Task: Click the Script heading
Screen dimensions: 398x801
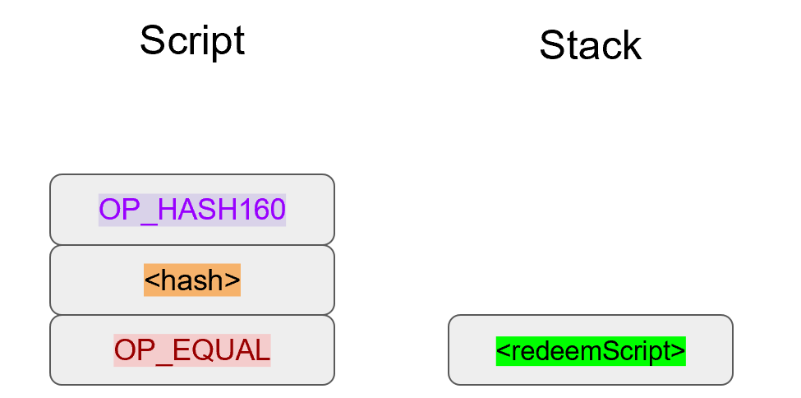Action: [x=192, y=40]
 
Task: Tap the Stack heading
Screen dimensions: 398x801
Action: [x=590, y=45]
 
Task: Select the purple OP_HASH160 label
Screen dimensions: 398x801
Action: [x=192, y=210]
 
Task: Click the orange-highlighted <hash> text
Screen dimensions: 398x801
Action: [x=192, y=280]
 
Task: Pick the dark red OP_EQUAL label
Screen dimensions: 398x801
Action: [x=192, y=350]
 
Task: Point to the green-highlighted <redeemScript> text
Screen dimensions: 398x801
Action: [x=591, y=350]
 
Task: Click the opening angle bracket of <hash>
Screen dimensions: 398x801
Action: [x=151, y=281]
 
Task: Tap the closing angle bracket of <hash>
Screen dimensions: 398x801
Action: [x=232, y=281]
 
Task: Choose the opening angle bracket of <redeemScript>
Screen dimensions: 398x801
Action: [x=502, y=351]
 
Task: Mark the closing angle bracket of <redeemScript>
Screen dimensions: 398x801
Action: [x=679, y=351]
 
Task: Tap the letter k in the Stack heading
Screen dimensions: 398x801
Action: [x=631, y=45]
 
